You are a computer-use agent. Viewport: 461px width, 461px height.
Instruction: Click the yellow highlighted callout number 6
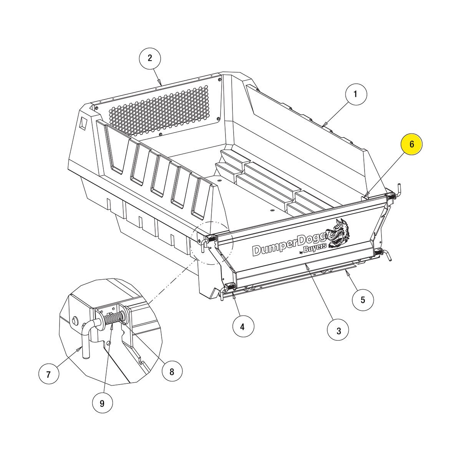pyautogui.click(x=412, y=144)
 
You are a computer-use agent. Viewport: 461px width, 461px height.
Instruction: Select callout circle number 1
pyautogui.click(x=356, y=94)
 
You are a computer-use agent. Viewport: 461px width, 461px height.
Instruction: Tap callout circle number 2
pyautogui.click(x=150, y=58)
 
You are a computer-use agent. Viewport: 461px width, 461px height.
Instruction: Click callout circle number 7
pyautogui.click(x=48, y=375)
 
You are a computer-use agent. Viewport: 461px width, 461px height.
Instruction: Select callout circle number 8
pyautogui.click(x=172, y=372)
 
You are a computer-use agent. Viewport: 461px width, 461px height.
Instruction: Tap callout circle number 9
pyautogui.click(x=102, y=404)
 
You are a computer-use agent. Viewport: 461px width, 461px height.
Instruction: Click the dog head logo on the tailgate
pyautogui.click(x=338, y=233)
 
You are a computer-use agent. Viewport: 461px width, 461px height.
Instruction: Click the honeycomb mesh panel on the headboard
pyautogui.click(x=159, y=111)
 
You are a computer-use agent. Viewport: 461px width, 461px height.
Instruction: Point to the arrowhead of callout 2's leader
pyautogui.click(x=161, y=83)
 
